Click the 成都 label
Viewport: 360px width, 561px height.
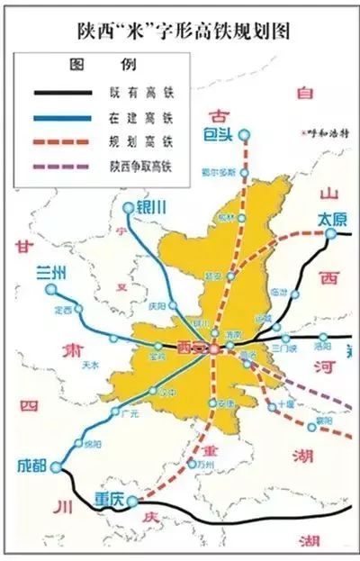[31, 465]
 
